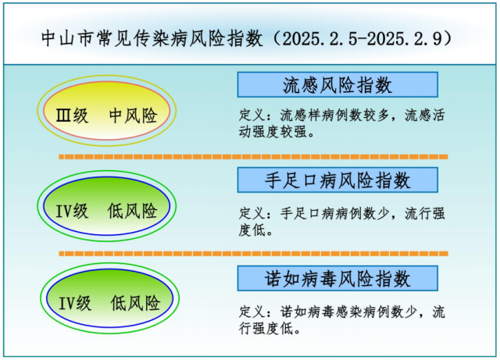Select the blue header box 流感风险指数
[337, 85]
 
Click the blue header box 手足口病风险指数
[337, 180]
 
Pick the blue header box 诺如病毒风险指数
[337, 278]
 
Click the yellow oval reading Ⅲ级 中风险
[107, 111]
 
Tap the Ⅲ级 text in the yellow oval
[72, 116]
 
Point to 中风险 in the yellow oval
[134, 116]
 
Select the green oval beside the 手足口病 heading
[107, 206]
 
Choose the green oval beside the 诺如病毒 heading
[109, 298]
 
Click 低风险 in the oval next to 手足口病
[133, 211]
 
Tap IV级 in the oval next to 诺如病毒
[75, 303]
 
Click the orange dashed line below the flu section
[253, 156]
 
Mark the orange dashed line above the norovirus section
[253, 254]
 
